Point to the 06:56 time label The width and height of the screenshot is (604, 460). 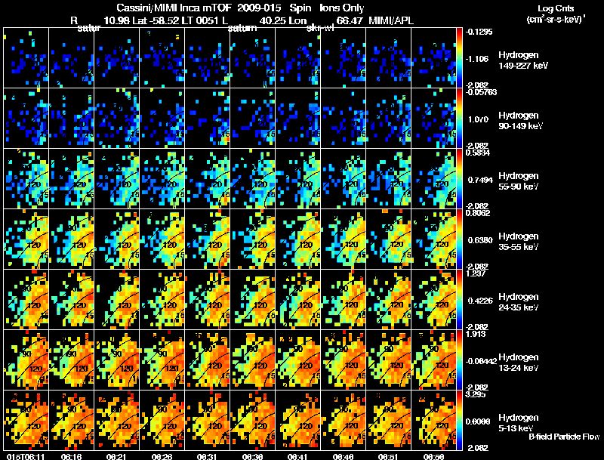pyautogui.click(x=434, y=456)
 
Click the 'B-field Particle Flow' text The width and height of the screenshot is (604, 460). pyautogui.click(x=565, y=437)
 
